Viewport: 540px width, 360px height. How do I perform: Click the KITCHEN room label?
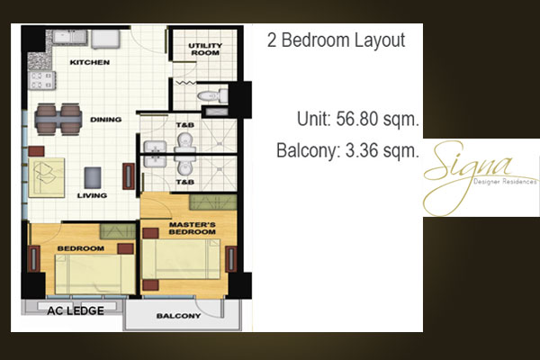pyautogui.click(x=89, y=62)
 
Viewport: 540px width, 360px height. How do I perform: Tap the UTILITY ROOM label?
pyautogui.click(x=205, y=49)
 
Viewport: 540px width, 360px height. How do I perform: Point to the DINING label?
pyautogui.click(x=105, y=120)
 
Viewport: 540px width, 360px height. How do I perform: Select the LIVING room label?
pyautogui.click(x=92, y=195)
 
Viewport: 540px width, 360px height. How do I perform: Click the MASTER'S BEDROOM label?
pyautogui.click(x=193, y=229)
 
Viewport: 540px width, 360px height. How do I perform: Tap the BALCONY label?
pyautogui.click(x=178, y=316)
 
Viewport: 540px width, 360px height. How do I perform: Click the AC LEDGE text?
pyautogui.click(x=76, y=310)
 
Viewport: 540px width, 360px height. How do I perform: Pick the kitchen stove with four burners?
pyautogui.click(x=41, y=81)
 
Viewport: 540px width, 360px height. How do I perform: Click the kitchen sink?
pyautogui.click(x=69, y=37)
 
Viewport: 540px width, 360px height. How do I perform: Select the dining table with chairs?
pyautogui.click(x=58, y=119)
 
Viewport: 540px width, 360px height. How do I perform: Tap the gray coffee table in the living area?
pyautogui.click(x=93, y=178)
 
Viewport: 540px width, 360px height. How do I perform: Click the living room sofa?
pyautogui.click(x=46, y=177)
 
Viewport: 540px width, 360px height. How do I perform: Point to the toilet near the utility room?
pyautogui.click(x=212, y=95)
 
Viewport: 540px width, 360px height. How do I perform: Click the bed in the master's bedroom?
pyautogui.click(x=181, y=258)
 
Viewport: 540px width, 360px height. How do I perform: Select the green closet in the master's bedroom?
pyautogui.click(x=212, y=202)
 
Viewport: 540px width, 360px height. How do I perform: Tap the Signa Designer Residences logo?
pyautogui.click(x=481, y=177)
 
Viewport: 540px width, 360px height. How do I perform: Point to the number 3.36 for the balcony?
pyautogui.click(x=361, y=150)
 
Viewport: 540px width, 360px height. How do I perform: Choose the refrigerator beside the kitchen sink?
pyautogui.click(x=105, y=39)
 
